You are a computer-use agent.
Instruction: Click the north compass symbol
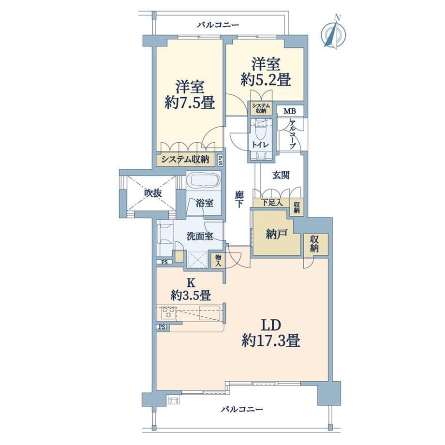(x=333, y=33)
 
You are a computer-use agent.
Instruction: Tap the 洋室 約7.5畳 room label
(x=190, y=95)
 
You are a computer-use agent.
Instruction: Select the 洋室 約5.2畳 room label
(x=266, y=72)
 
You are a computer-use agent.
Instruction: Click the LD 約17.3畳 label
(x=271, y=333)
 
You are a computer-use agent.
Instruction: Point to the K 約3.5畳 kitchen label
(x=191, y=289)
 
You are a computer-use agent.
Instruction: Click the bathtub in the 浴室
(x=204, y=180)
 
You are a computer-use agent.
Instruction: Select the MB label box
(x=290, y=111)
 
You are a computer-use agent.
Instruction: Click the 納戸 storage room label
(x=277, y=234)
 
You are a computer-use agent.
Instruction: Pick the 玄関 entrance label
(x=281, y=175)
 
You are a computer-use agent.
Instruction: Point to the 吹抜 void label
(x=153, y=193)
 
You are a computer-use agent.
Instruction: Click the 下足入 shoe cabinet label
(x=272, y=203)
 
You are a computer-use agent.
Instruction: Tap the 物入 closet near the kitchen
(x=218, y=261)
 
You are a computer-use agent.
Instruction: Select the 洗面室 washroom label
(x=200, y=236)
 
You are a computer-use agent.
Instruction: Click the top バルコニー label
(x=218, y=25)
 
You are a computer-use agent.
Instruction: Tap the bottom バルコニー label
(x=242, y=409)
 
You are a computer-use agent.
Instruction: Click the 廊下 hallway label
(x=239, y=199)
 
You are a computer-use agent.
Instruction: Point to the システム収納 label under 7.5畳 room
(x=185, y=160)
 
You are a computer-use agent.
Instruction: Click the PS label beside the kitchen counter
(x=162, y=327)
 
